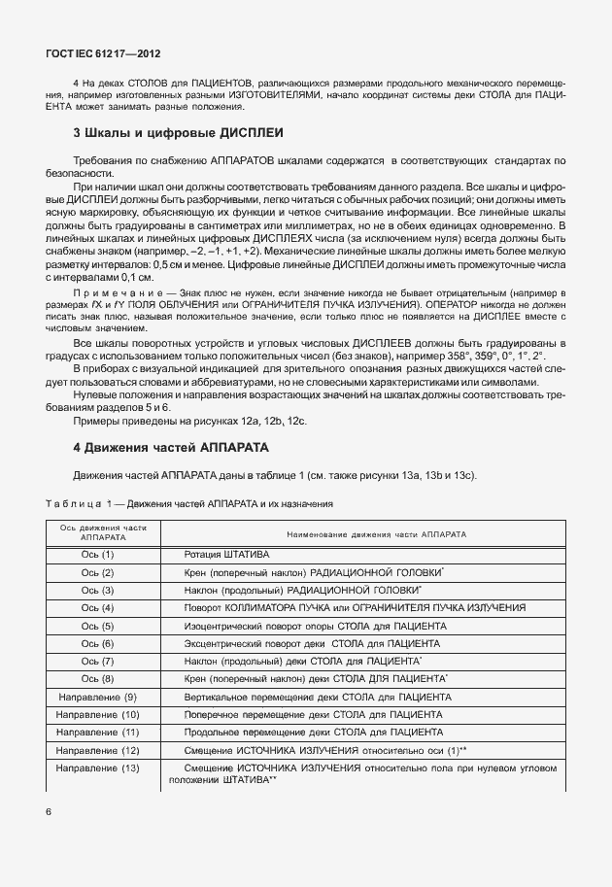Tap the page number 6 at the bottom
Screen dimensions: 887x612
(x=48, y=809)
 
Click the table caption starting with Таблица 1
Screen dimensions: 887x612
(x=189, y=503)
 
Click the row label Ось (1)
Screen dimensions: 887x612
(x=97, y=554)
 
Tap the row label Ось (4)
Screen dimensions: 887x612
(x=97, y=608)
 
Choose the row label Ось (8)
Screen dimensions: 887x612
(x=97, y=679)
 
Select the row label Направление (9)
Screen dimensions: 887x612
(x=97, y=698)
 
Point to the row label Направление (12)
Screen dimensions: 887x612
(x=97, y=751)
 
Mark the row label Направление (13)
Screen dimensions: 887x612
(x=97, y=769)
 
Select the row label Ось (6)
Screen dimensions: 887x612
(x=97, y=643)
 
